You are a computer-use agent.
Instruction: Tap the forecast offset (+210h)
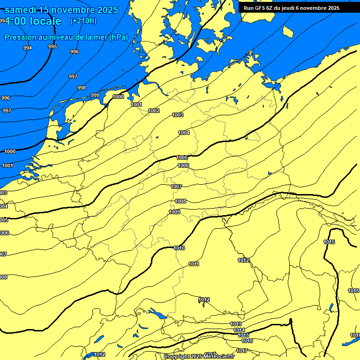point(83,21)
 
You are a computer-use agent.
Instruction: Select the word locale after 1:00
point(45,21)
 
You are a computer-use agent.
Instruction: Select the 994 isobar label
point(28,48)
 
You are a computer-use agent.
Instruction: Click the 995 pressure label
point(52,46)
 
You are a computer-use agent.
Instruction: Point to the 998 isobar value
point(82,88)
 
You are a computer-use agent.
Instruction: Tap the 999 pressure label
point(95,95)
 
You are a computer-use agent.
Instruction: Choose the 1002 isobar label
point(154,111)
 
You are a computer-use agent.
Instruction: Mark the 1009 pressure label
point(174,212)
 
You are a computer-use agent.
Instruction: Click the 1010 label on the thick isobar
point(179,248)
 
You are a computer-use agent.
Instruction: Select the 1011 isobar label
point(194,264)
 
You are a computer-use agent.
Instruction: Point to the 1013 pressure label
point(236,324)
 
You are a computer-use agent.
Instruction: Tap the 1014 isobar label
point(239,330)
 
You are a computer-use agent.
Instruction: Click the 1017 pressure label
point(242,351)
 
